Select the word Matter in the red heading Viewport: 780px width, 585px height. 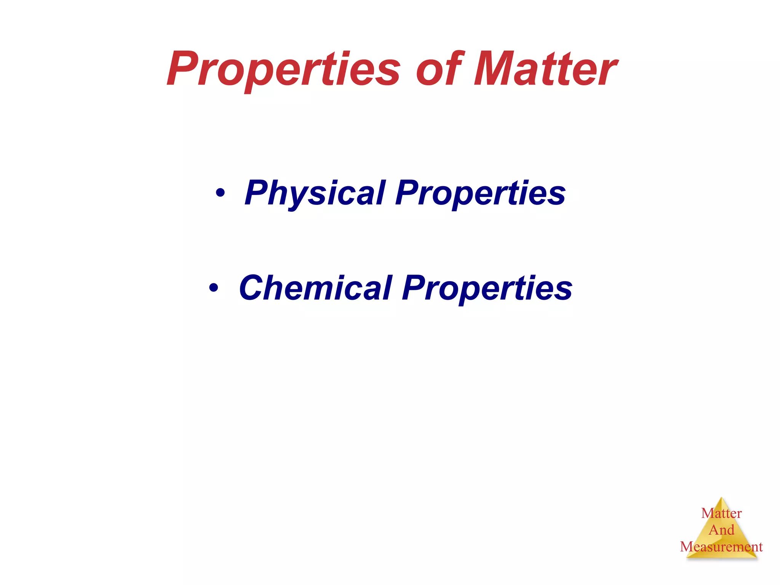pos(545,69)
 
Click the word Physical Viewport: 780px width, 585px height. pos(315,193)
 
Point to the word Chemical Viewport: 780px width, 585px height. pos(316,288)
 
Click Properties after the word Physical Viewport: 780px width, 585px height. pos(480,193)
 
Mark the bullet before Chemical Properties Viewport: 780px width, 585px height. pos(214,288)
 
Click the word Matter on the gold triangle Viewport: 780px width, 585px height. pos(721,513)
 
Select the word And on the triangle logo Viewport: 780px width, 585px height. pos(721,530)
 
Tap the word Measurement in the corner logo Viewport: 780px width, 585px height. pos(721,547)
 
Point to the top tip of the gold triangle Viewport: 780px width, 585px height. pos(721,498)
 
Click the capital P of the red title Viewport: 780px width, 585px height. pos(183,69)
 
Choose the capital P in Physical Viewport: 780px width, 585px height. pos(258,193)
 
